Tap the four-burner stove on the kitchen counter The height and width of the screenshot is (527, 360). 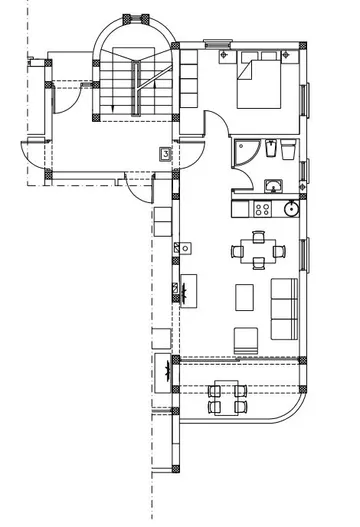click(263, 210)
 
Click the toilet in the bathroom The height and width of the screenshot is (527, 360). click(287, 151)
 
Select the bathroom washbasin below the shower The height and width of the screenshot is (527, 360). click(272, 184)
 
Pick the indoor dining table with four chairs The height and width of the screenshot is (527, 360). click(258, 249)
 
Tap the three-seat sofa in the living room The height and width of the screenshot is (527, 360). click(286, 307)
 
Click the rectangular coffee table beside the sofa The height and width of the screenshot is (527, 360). click(245, 297)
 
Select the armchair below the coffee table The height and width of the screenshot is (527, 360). click(245, 338)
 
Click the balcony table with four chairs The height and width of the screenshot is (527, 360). click(226, 397)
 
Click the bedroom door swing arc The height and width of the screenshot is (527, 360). click(215, 125)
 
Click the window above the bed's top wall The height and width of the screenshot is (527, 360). click(215, 44)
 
